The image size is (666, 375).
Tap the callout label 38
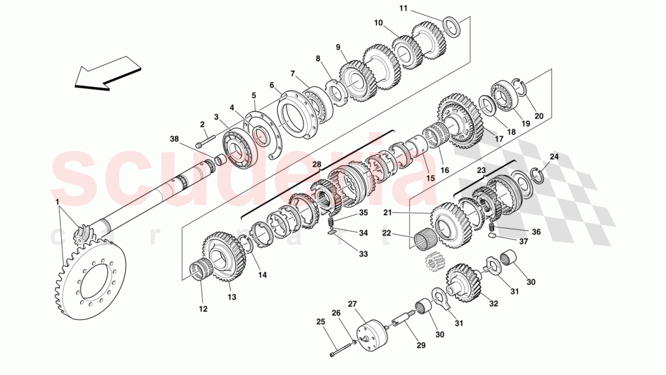(x=175, y=139)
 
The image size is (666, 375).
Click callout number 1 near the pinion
(x=57, y=201)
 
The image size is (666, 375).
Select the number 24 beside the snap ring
(x=554, y=157)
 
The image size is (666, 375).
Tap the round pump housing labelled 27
(x=371, y=333)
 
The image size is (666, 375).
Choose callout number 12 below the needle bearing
(x=203, y=308)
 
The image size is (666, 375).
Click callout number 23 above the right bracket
(x=481, y=171)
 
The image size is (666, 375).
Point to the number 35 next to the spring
(x=363, y=212)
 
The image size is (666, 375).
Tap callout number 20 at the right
(x=539, y=117)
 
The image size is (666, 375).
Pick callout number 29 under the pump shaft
(x=420, y=345)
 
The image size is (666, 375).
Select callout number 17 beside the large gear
(x=499, y=139)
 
